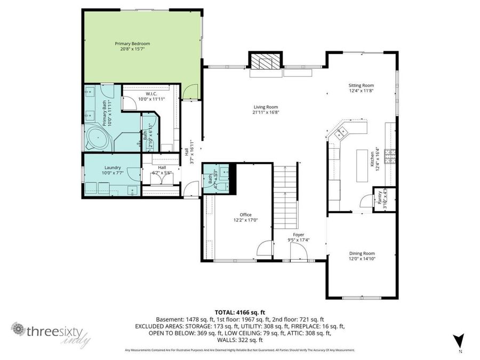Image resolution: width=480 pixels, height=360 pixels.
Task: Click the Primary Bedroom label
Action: (x=132, y=43)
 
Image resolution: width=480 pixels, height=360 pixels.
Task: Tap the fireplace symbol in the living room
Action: (x=265, y=63)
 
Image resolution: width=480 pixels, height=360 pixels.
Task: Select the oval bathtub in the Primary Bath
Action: (x=98, y=138)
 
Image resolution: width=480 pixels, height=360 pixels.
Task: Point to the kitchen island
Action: (x=363, y=164)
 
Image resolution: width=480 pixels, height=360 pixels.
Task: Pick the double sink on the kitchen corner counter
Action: (x=340, y=133)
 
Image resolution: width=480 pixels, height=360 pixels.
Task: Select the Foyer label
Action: (x=299, y=235)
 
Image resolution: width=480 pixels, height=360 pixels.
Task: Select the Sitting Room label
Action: (x=361, y=85)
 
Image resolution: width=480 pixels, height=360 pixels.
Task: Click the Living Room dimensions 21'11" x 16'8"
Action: (x=266, y=112)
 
